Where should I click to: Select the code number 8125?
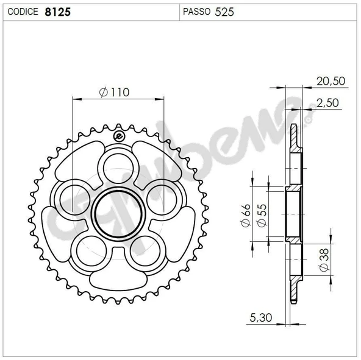(x=57, y=11)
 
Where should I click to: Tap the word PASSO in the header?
(x=196, y=11)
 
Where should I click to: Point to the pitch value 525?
(x=224, y=11)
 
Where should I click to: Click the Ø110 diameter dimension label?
(x=114, y=92)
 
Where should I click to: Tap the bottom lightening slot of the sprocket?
(x=118, y=280)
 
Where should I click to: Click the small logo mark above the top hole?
(x=118, y=136)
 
